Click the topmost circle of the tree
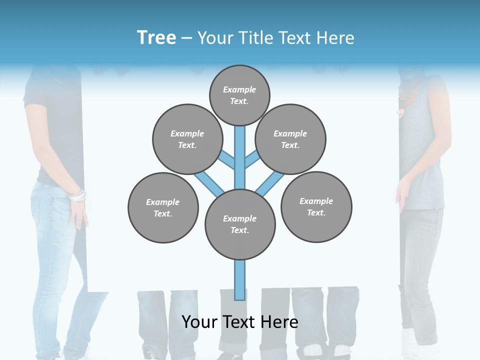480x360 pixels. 239,95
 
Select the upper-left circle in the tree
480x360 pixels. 187,139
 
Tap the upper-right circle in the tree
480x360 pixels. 290,139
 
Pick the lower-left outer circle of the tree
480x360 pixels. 163,207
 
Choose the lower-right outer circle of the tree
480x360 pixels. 316,206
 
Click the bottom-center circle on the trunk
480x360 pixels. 240,224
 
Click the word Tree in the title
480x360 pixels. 156,38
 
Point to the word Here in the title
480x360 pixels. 335,38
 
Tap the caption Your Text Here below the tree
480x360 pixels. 240,322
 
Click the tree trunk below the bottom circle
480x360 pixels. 240,280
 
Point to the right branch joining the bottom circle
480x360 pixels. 270,183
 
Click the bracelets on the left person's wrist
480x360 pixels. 77,196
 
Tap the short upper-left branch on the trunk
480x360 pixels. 227,160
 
